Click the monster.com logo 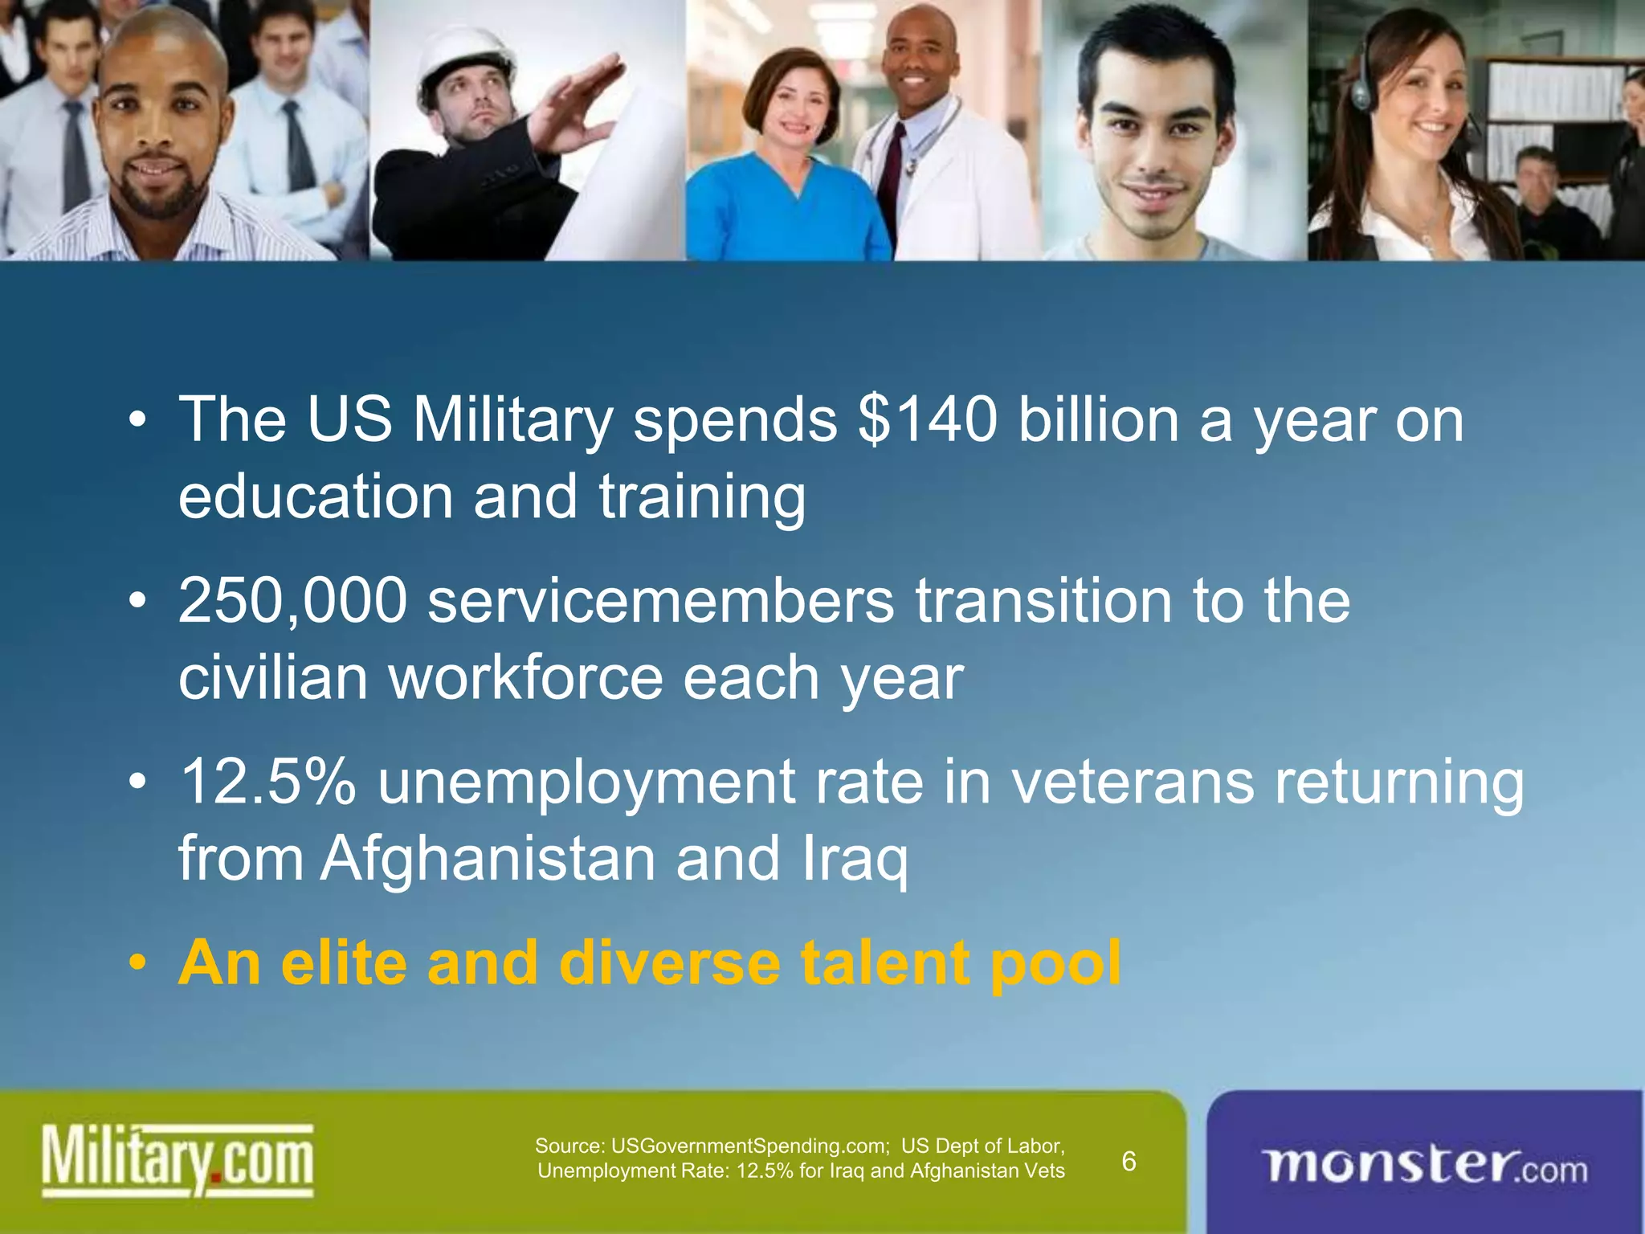click(1425, 1166)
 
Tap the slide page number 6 click(1129, 1161)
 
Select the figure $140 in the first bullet click(928, 419)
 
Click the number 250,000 click(292, 600)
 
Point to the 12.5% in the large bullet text click(268, 782)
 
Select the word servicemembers click(660, 600)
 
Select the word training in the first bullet click(701, 496)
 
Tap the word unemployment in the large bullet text click(587, 782)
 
